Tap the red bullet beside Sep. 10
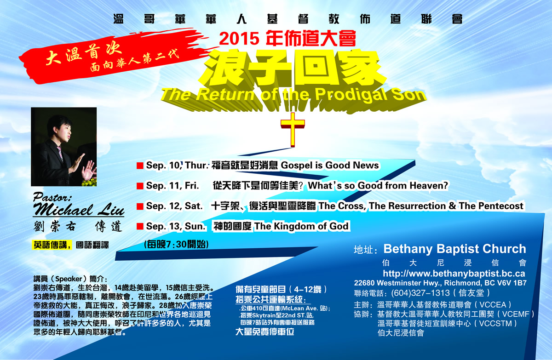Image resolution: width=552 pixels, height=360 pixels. [140, 166]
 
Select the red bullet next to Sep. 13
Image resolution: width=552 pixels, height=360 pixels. [140, 226]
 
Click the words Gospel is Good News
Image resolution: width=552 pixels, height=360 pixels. [330, 165]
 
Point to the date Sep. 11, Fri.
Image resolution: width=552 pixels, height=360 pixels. [172, 186]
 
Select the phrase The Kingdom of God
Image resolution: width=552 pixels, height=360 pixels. [301, 226]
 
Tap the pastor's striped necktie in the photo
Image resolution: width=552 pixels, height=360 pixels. [60, 154]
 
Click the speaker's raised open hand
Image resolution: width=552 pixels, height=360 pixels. [89, 170]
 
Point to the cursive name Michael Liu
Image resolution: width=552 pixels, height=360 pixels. [79, 210]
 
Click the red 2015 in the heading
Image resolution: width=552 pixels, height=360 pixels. [239, 39]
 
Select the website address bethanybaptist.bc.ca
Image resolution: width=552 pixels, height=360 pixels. [454, 274]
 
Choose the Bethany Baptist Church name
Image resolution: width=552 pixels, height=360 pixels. [454, 249]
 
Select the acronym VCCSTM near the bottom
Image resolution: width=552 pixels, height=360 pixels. [495, 324]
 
